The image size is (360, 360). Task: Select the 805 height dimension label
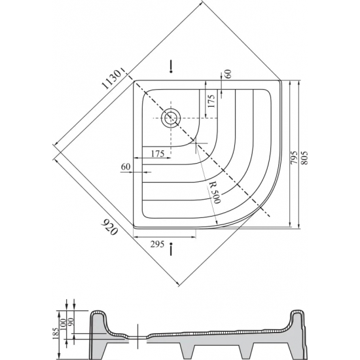pos(304,154)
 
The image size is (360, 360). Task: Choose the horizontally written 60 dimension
pos(126,168)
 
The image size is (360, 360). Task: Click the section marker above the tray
pos(171,66)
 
